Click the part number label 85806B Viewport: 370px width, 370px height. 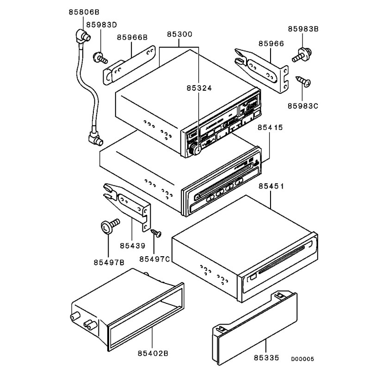(x=84, y=11)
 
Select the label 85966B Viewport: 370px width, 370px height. (x=132, y=37)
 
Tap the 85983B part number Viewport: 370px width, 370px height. (x=303, y=29)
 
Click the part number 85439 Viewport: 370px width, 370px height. (x=133, y=246)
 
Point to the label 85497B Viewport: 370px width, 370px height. (x=109, y=263)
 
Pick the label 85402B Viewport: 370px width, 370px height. (x=152, y=353)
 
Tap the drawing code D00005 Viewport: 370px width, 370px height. (x=303, y=358)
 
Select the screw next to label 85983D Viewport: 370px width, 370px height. (x=100, y=58)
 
